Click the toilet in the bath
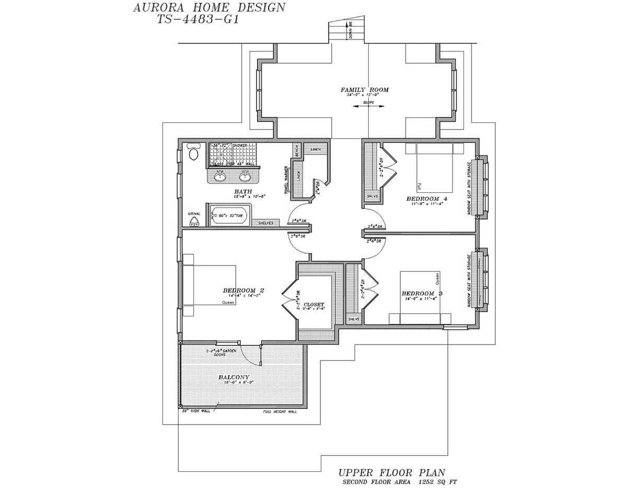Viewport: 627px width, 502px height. coord(193,152)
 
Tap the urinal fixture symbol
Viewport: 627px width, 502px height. coord(194,220)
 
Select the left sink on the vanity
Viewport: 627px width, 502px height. coord(220,177)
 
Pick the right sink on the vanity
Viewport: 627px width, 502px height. coord(244,177)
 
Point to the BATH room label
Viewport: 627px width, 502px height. coord(243,192)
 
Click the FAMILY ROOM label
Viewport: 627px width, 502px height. coord(365,90)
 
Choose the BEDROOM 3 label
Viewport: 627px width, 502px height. coord(422,293)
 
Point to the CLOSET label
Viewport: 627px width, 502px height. coord(313,304)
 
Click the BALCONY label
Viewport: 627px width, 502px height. coord(234,377)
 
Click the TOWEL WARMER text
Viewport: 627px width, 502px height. coord(286,180)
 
